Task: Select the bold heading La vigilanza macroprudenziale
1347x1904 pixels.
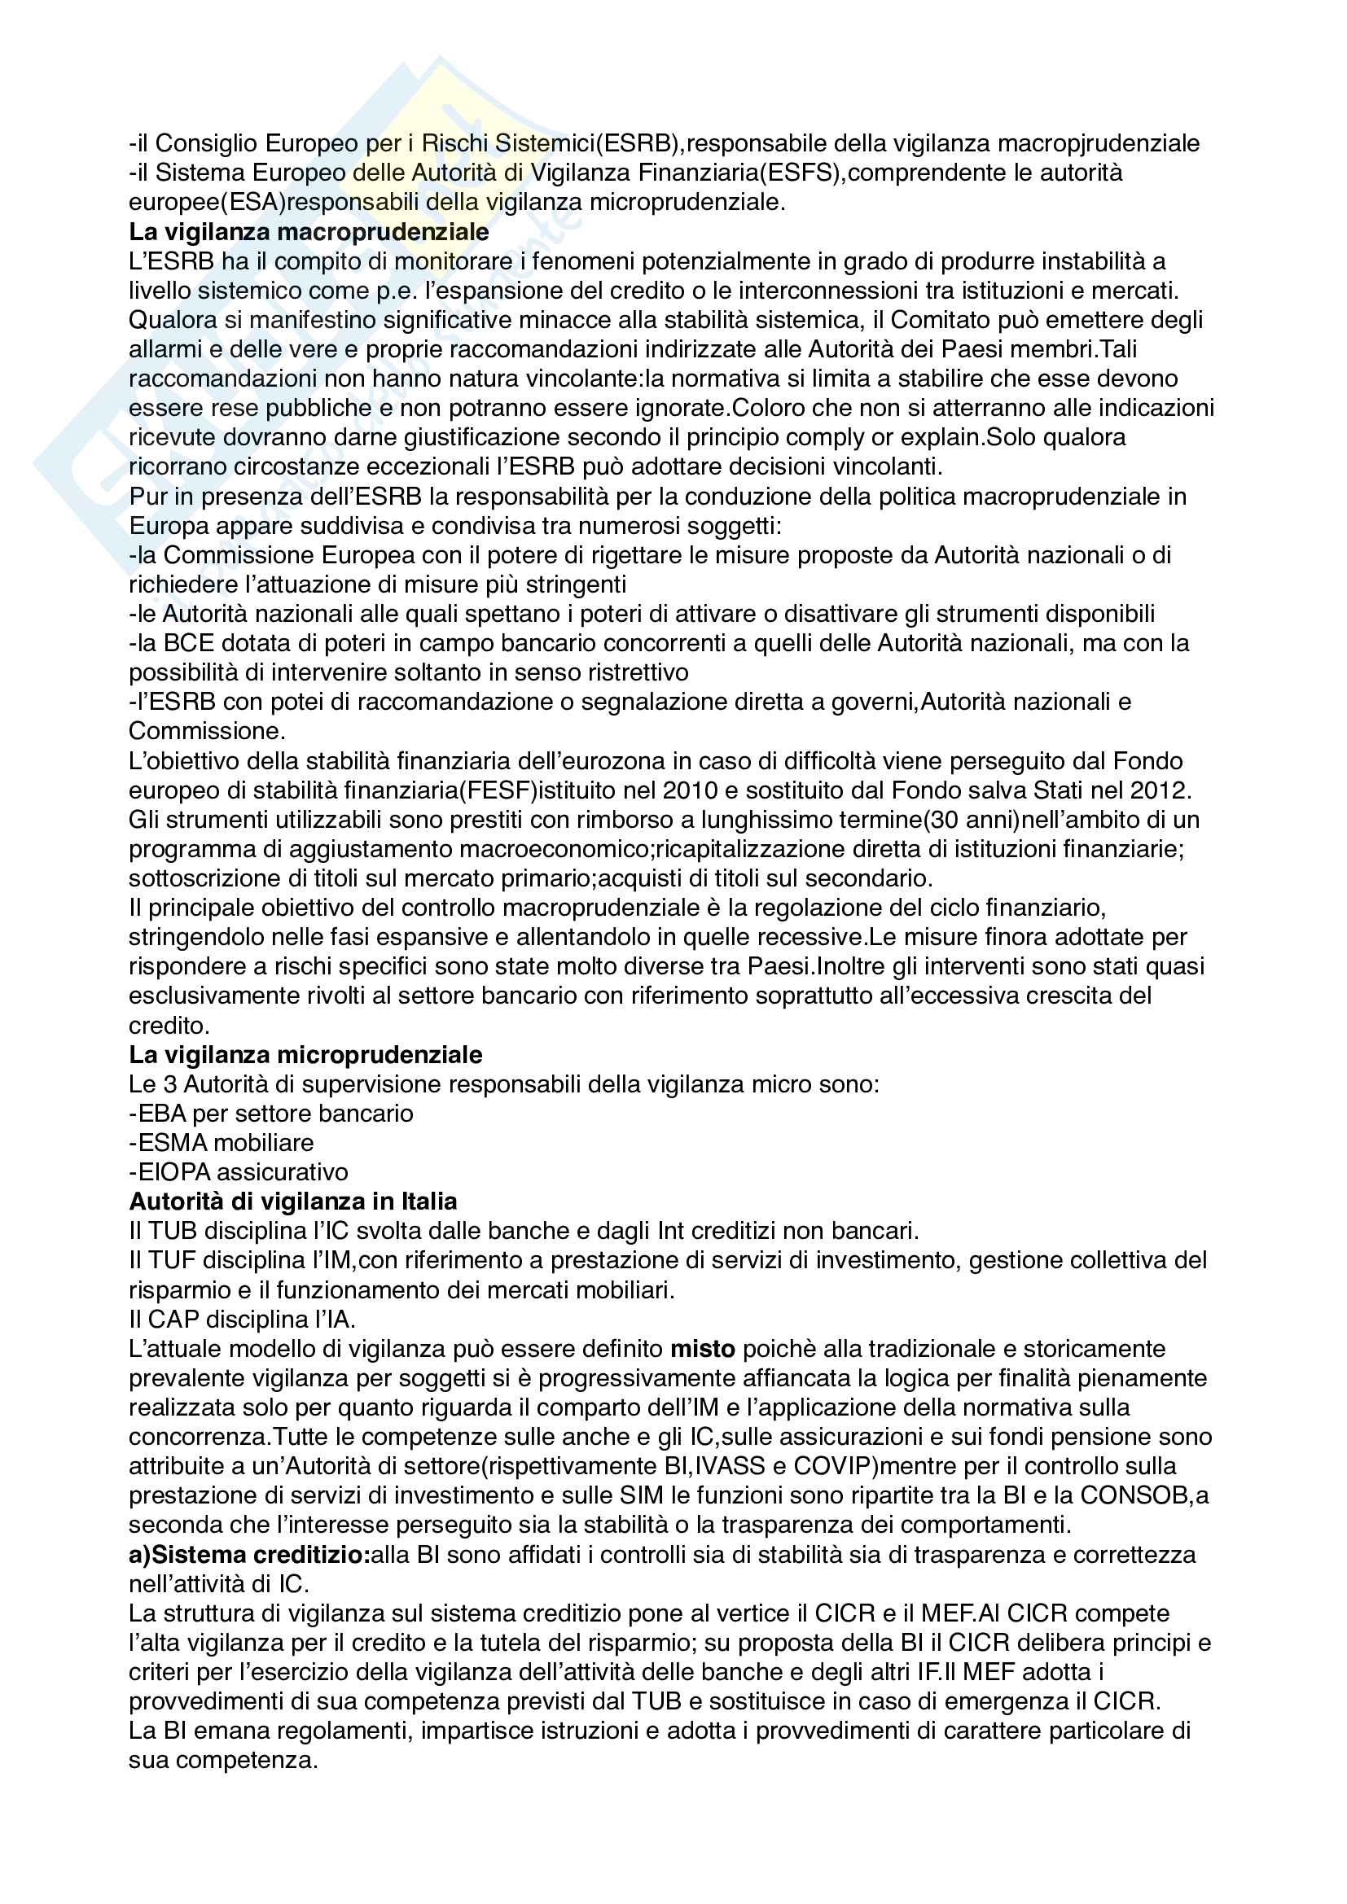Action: click(x=309, y=231)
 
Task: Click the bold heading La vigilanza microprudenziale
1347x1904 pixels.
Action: click(x=305, y=1055)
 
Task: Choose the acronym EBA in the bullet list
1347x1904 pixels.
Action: click(x=163, y=1114)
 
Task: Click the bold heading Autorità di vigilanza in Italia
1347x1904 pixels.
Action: click(x=293, y=1201)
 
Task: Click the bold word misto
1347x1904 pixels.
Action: click(x=703, y=1349)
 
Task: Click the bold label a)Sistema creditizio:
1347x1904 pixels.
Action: click(x=249, y=1555)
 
